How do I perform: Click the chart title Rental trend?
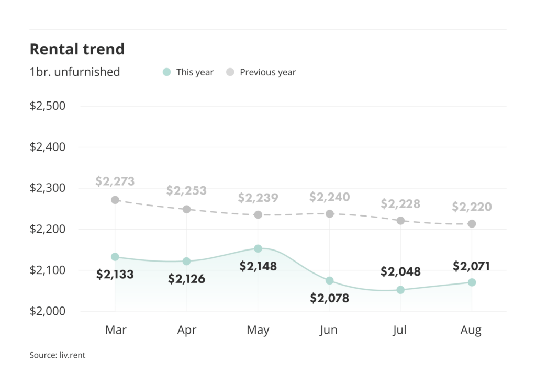pyautogui.click(x=77, y=49)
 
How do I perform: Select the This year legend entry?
pyautogui.click(x=188, y=72)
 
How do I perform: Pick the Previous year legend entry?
pyautogui.click(x=261, y=72)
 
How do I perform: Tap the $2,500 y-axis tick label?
pyautogui.click(x=48, y=106)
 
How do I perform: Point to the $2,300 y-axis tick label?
pyautogui.click(x=48, y=188)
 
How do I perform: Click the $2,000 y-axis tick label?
pyautogui.click(x=48, y=311)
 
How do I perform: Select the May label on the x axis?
pyautogui.click(x=258, y=330)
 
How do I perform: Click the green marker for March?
pyautogui.click(x=115, y=257)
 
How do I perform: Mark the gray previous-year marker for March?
pyautogui.click(x=115, y=200)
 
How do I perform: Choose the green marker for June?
pyautogui.click(x=329, y=280)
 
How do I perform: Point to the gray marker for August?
pyautogui.click(x=472, y=224)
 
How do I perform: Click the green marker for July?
pyautogui.click(x=400, y=290)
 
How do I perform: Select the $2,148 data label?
pyautogui.click(x=258, y=266)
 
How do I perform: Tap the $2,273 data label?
pyautogui.click(x=115, y=182)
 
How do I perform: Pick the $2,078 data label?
pyautogui.click(x=329, y=298)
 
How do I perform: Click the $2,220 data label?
pyautogui.click(x=472, y=207)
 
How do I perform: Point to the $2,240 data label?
pyautogui.click(x=329, y=197)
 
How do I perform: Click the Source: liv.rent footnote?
pyautogui.click(x=57, y=355)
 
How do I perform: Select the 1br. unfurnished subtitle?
pyautogui.click(x=75, y=72)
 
